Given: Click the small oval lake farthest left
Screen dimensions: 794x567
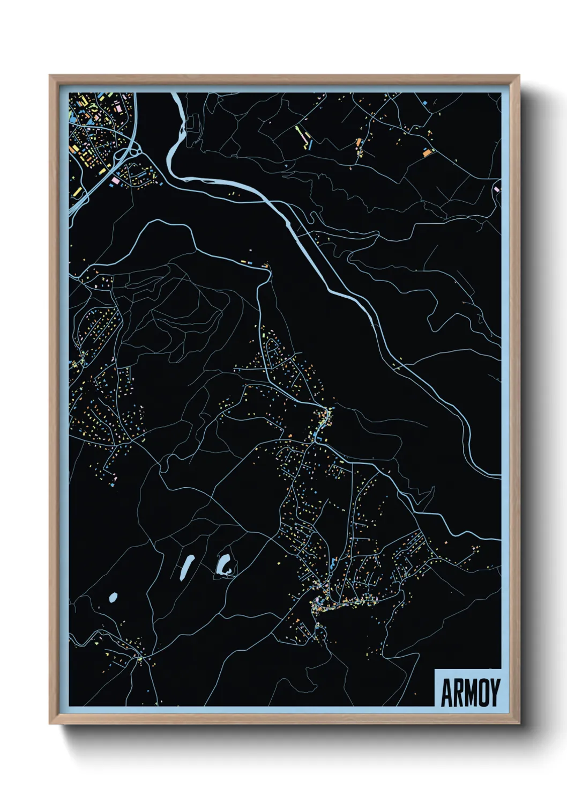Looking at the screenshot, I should (113, 597).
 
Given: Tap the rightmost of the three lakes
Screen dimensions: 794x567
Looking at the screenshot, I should (225, 564).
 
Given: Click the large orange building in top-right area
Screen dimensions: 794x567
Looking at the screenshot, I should (427, 152).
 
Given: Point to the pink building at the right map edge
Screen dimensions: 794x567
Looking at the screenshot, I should (496, 189).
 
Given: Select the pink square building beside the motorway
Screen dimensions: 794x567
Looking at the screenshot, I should (114, 181).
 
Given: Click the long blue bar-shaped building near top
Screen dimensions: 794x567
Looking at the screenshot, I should (310, 144).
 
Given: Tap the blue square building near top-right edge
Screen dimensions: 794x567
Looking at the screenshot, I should (424, 102).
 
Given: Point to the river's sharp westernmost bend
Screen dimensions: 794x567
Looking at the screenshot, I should (170, 161).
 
